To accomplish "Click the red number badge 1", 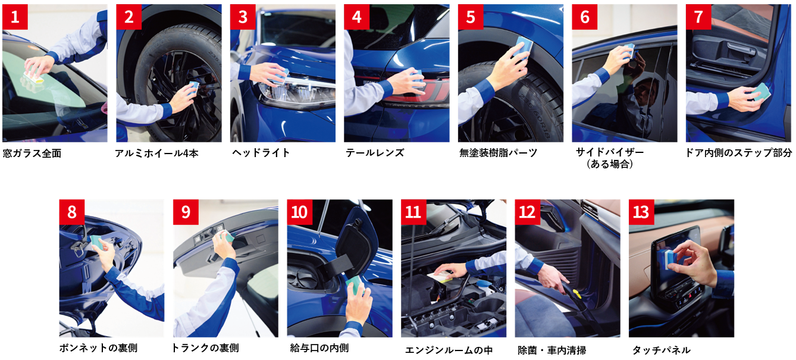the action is point(15,17).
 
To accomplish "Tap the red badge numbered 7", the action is point(698,17).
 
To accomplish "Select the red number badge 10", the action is point(300,212).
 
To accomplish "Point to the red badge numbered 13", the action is point(641,212).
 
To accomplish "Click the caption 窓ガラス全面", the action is point(32,154).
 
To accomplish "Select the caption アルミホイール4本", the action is point(156,154).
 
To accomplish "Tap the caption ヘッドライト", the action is point(261,153).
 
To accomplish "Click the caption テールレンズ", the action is point(375,153).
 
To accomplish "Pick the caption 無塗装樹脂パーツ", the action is point(498,153).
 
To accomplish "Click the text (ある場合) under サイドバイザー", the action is point(610,164).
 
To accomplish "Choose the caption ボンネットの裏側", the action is point(98,348).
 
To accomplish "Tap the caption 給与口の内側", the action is point(319,348).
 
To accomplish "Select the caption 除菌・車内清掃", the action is point(552,350).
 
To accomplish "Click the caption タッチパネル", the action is point(662,350).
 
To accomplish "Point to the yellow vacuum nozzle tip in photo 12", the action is point(576,294).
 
